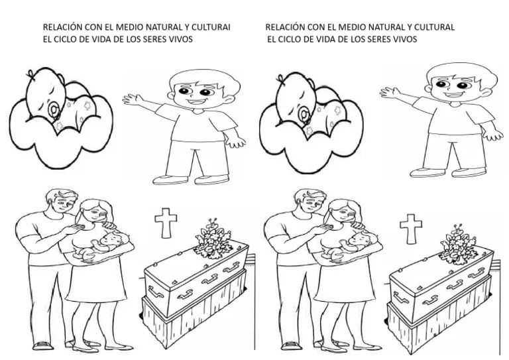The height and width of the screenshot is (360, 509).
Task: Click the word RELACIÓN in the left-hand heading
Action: (x=62, y=27)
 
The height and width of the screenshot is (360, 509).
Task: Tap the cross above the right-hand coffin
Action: (x=411, y=228)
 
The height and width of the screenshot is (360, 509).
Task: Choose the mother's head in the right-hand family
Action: (x=341, y=212)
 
